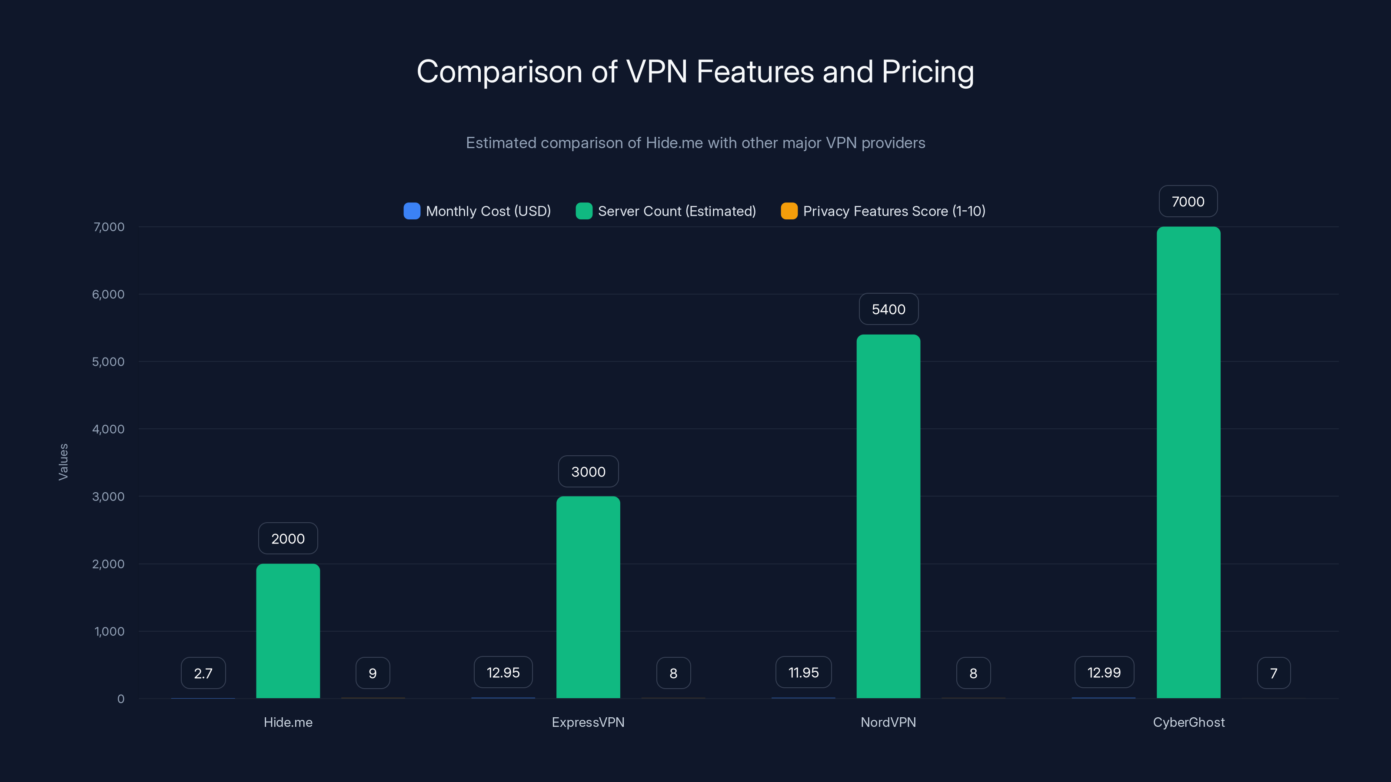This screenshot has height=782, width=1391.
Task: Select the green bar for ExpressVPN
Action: point(588,597)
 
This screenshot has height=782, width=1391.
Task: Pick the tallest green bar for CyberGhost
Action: point(1188,462)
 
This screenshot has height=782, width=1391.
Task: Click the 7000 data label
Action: point(1188,201)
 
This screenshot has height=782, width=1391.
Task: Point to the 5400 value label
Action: point(888,309)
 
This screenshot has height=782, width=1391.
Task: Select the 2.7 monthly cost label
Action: point(203,673)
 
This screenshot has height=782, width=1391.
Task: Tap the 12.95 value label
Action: point(503,673)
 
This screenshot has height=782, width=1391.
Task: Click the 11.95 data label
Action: point(803,673)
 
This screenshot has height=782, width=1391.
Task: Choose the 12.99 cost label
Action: point(1104,673)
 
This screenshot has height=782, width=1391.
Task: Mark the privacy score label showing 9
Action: point(373,673)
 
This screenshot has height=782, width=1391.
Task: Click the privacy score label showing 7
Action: point(1273,673)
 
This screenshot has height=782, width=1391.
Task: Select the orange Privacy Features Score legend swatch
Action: point(789,211)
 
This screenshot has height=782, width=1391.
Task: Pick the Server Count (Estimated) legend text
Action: point(677,211)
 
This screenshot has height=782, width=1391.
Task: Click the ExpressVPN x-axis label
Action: point(588,722)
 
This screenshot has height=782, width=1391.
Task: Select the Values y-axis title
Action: point(63,462)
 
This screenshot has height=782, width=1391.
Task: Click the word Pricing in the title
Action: point(928,72)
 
